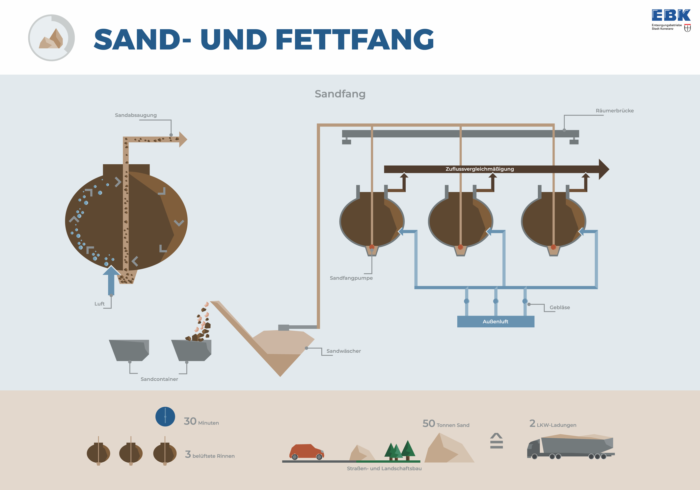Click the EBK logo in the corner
[671, 20]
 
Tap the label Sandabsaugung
[136, 115]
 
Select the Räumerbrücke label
[614, 111]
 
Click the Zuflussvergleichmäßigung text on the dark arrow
[479, 169]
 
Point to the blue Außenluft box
[496, 321]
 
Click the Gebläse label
[559, 307]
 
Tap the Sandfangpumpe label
[351, 278]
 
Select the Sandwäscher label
[343, 351]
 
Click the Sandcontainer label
[159, 379]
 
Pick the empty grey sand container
[129, 350]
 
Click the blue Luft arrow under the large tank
[111, 280]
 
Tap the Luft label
[99, 304]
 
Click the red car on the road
[307, 451]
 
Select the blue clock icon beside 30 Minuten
[165, 417]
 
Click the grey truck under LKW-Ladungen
[571, 447]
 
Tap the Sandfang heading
[340, 94]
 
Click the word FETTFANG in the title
[355, 40]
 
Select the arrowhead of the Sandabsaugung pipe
[183, 139]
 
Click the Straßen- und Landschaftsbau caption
[384, 468]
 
